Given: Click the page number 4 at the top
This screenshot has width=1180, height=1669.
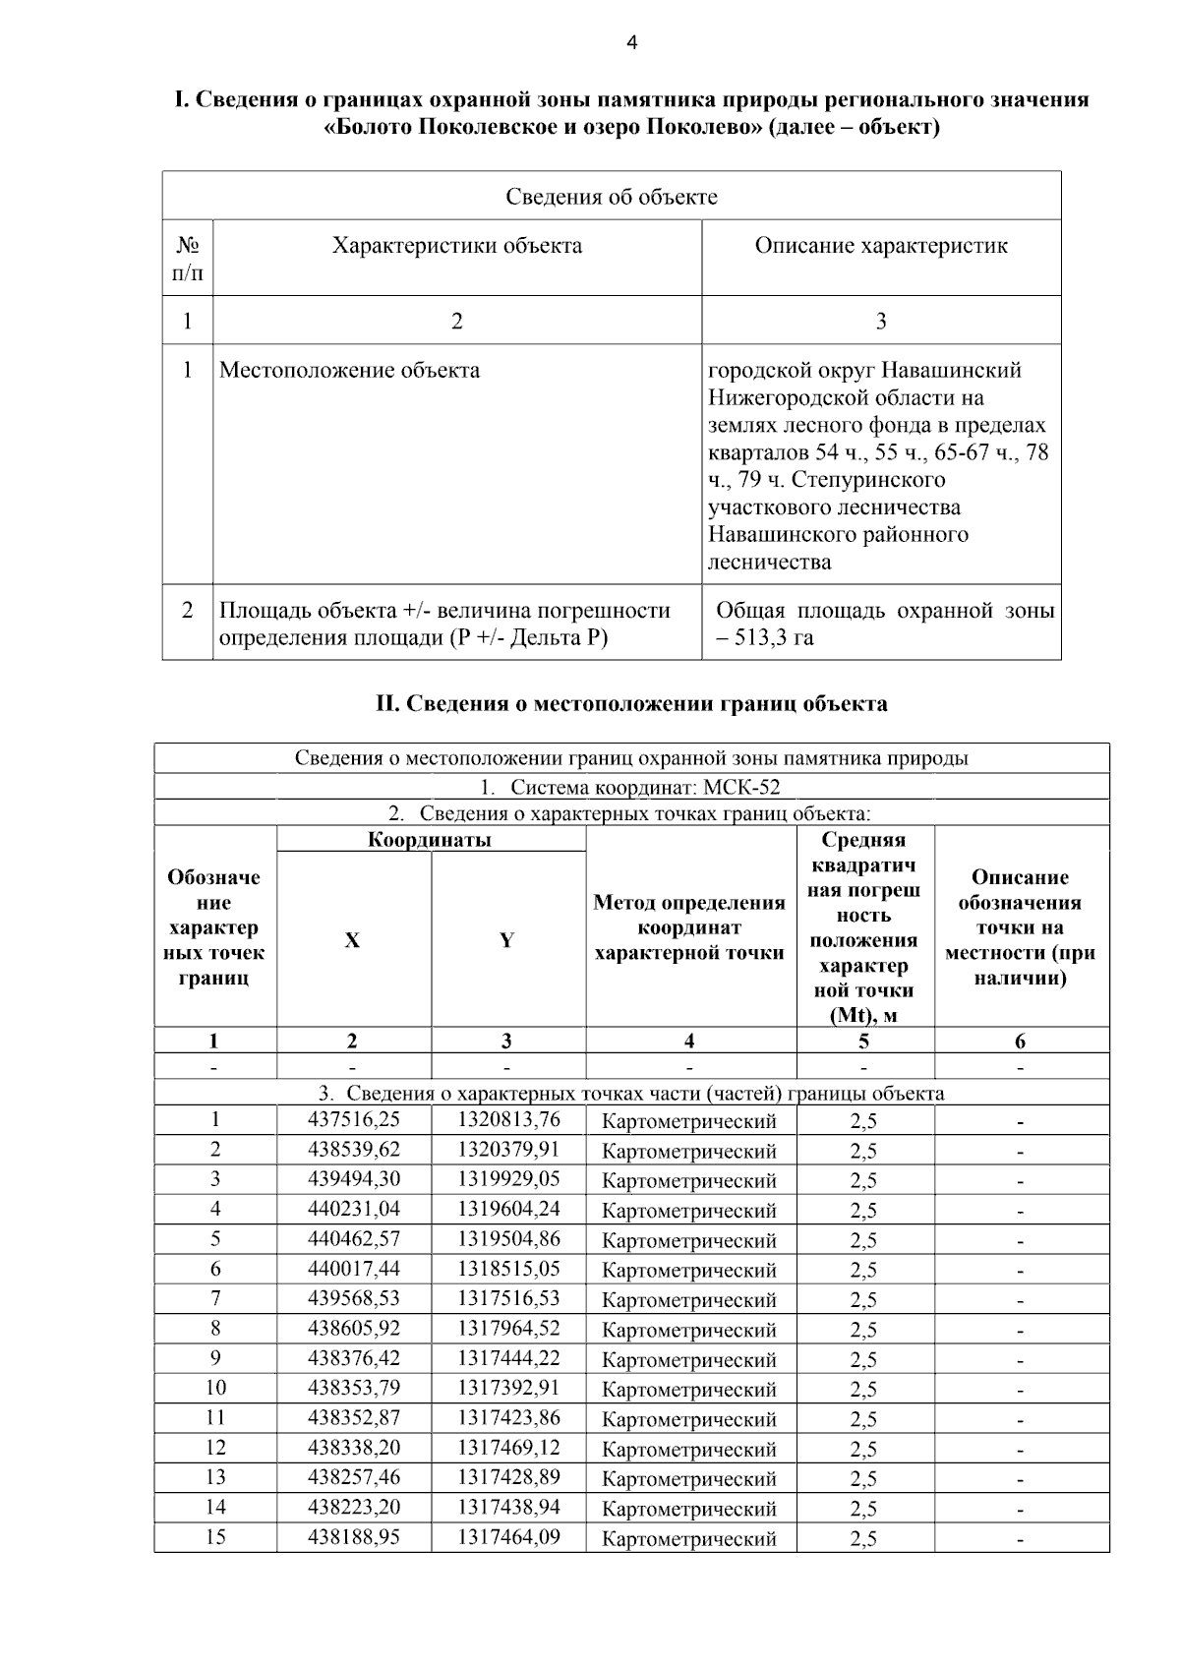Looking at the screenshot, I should (631, 42).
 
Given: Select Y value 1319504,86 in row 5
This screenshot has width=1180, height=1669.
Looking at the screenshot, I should (508, 1238).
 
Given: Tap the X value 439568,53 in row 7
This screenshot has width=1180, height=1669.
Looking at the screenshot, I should (354, 1298).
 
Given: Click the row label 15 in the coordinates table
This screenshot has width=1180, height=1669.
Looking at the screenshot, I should (215, 1536).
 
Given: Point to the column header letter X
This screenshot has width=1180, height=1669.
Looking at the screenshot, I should (352, 940).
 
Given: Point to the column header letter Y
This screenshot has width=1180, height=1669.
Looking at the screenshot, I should (506, 940).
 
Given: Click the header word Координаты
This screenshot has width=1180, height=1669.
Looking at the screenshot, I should (430, 839).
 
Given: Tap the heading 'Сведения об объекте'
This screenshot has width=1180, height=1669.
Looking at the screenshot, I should (612, 196).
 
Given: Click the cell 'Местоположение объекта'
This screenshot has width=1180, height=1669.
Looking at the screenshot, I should (349, 370).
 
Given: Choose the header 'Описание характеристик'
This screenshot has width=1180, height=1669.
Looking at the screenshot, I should (881, 245).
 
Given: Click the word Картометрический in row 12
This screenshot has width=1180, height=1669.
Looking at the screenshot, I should (689, 1449).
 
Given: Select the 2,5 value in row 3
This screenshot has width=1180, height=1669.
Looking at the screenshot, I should (863, 1180).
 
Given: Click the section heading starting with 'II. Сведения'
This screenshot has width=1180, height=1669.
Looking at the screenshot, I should (631, 703).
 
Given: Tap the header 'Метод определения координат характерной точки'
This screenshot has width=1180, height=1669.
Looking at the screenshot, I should (689, 927).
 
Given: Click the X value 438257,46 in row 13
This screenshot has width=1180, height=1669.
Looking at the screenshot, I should (354, 1477).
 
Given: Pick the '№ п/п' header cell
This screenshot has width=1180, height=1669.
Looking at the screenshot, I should (187, 258).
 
